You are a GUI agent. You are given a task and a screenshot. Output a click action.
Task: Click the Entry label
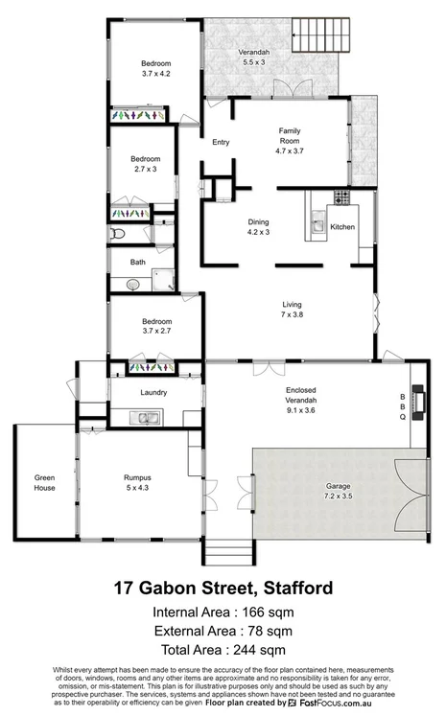click(x=221, y=143)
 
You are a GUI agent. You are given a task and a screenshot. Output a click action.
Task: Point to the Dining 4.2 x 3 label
click(x=259, y=226)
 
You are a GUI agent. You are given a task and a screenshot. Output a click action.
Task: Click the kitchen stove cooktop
click(x=341, y=197)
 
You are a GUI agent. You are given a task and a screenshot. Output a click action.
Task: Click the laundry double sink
click(x=149, y=417)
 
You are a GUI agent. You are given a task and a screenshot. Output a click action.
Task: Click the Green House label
click(x=44, y=482)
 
